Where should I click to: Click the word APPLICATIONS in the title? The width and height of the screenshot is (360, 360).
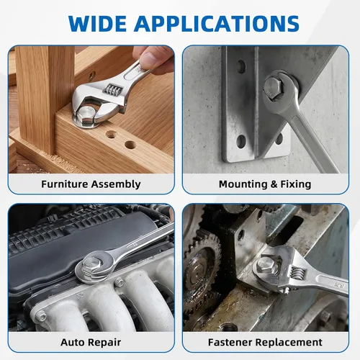click(217, 24)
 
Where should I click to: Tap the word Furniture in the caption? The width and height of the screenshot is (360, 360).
click(65, 184)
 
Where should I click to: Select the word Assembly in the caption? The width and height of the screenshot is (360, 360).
click(116, 185)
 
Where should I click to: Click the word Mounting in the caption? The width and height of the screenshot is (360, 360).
click(243, 185)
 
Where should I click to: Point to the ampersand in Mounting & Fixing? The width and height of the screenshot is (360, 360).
click(274, 184)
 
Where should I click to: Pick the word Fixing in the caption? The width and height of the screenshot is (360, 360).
click(296, 185)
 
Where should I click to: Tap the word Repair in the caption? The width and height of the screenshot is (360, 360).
click(104, 343)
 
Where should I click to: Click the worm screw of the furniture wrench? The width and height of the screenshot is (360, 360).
click(112, 90)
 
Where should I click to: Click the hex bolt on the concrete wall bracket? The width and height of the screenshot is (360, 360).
click(274, 88)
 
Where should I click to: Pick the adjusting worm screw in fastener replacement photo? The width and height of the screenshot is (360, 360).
click(297, 274)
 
